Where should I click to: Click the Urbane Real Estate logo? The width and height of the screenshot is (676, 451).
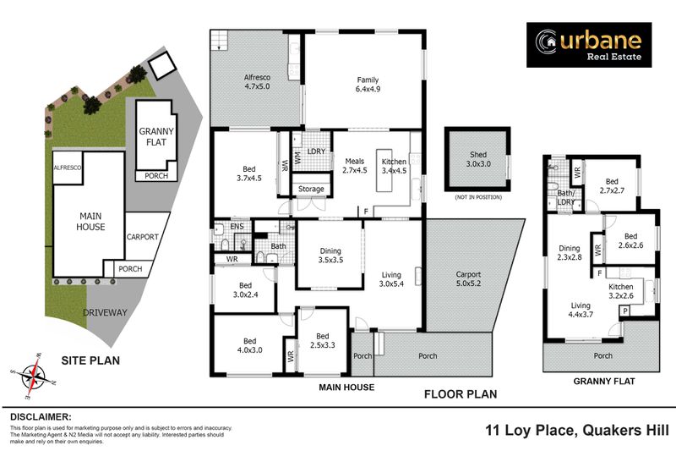pos(589,45)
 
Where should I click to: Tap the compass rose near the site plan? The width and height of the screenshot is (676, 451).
pos(33,375)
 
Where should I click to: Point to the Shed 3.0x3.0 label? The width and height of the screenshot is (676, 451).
pos(477,158)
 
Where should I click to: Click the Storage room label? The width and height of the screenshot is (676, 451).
pos(311,189)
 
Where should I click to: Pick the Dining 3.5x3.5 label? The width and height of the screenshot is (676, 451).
pos(330,256)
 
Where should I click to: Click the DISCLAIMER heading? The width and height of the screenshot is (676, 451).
pos(41,416)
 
